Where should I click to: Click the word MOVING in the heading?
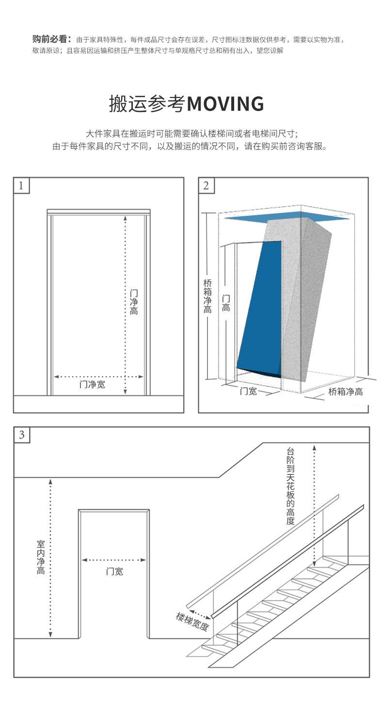click(225, 104)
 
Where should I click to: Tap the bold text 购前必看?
click(51, 39)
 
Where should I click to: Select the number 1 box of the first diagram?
click(21, 186)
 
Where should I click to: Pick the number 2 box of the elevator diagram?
click(207, 186)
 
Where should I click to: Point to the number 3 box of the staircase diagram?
click(22, 435)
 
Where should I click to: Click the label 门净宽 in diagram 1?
click(92, 385)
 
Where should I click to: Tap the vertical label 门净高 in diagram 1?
click(134, 302)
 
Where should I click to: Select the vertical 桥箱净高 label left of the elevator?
click(207, 296)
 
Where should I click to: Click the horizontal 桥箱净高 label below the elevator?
click(345, 392)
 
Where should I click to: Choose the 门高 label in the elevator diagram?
click(226, 303)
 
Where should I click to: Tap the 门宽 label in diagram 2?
click(249, 391)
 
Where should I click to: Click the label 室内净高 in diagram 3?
click(41, 557)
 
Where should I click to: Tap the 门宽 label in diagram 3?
click(114, 571)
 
